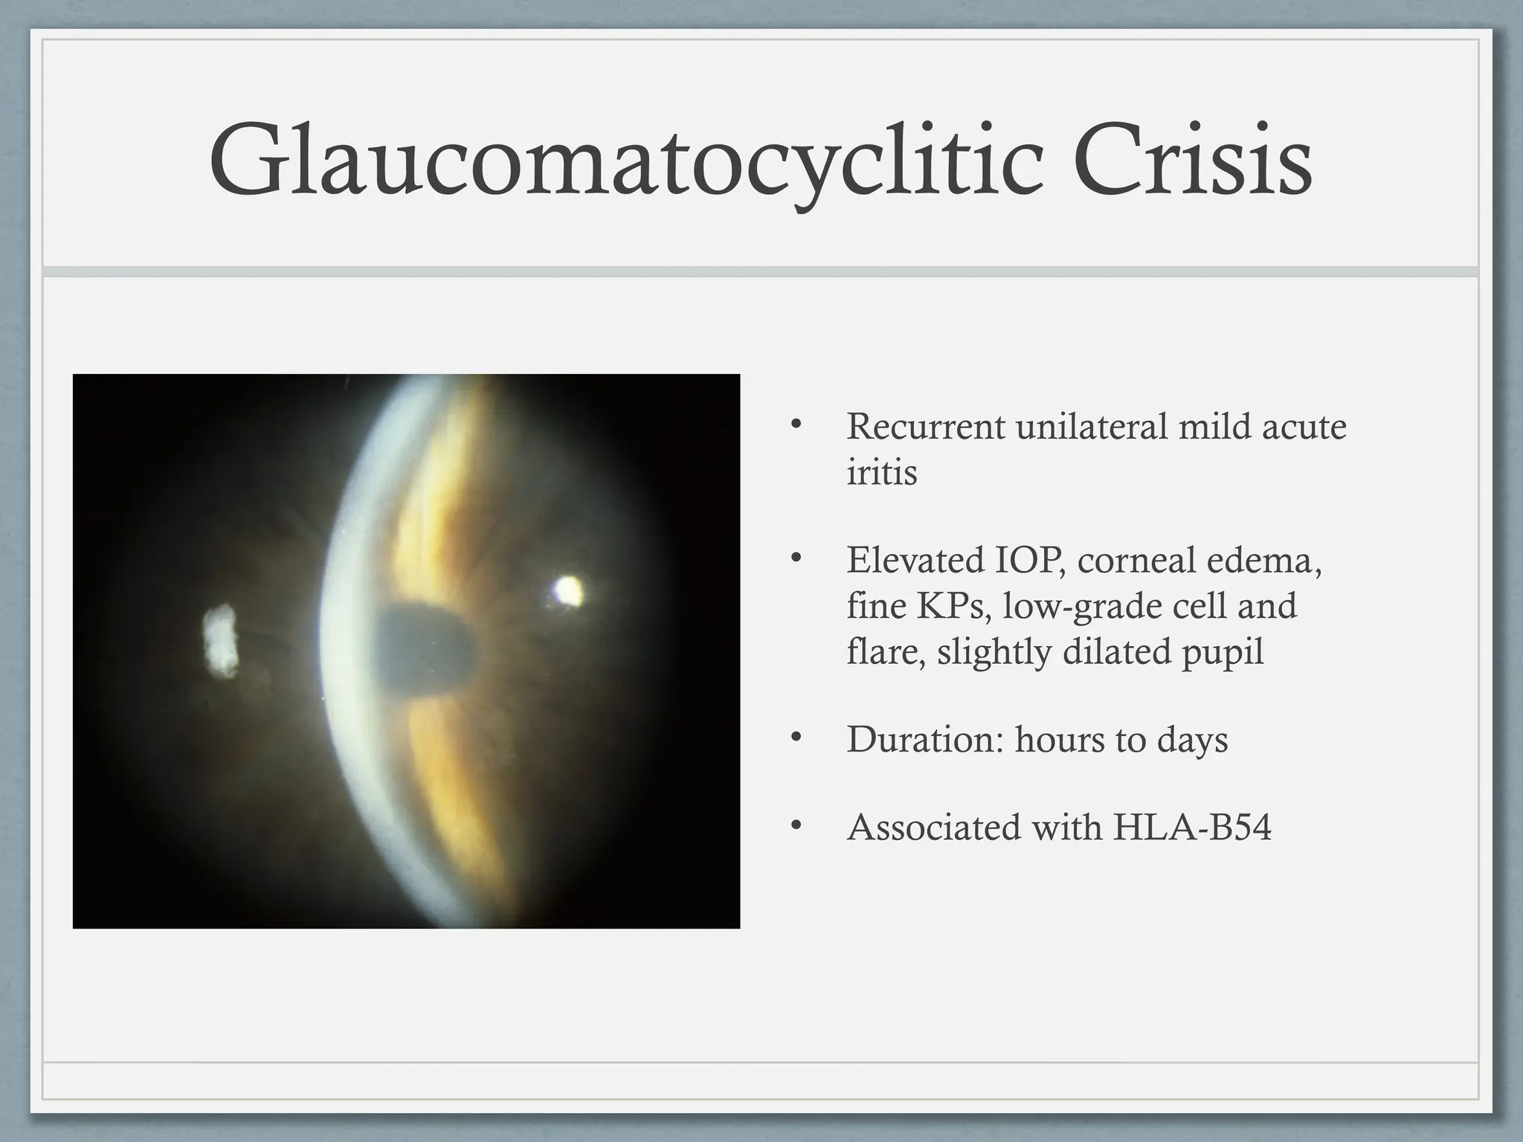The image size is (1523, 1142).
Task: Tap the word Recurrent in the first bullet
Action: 925,427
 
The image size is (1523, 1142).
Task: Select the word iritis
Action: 881,472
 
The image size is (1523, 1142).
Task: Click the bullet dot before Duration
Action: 796,738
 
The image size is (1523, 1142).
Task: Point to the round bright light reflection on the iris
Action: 569,590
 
